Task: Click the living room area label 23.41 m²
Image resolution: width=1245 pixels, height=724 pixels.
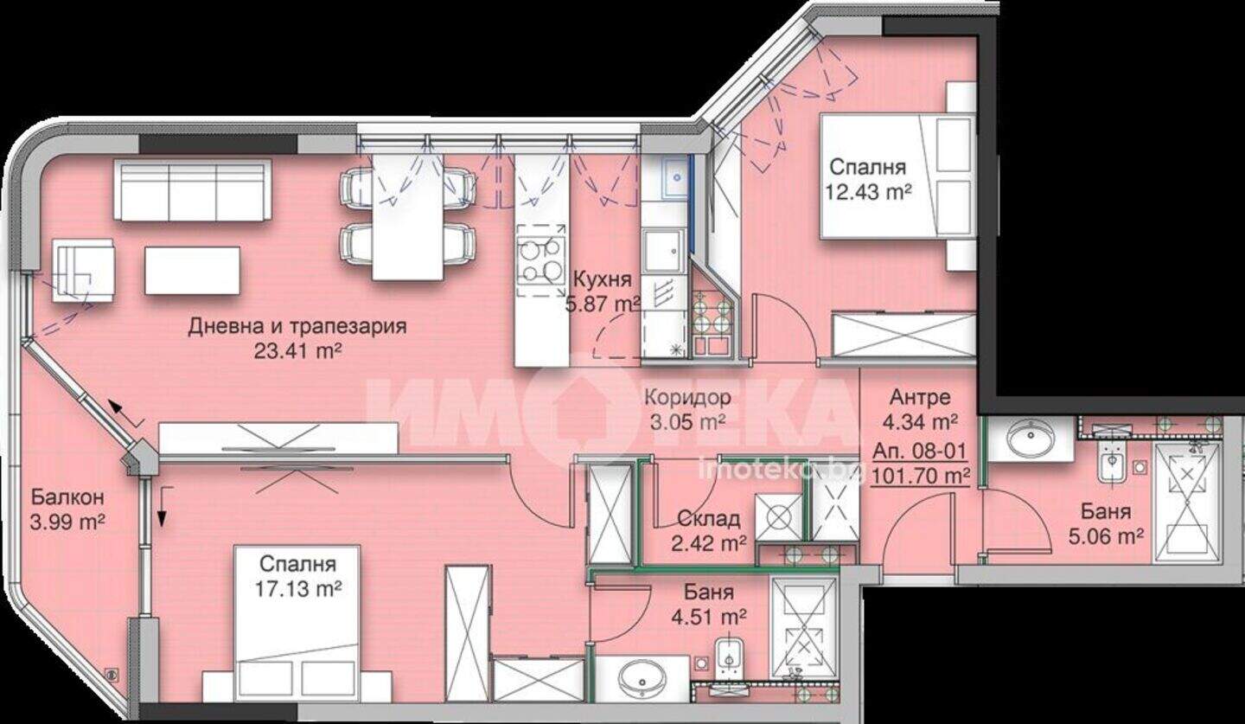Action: click(x=297, y=351)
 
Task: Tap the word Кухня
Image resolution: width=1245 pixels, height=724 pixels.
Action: click(x=602, y=279)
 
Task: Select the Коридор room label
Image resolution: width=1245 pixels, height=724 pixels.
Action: click(x=687, y=398)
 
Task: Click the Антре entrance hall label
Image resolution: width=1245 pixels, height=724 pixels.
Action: click(x=920, y=397)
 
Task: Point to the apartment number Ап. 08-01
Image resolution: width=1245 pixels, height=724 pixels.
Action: click(x=919, y=451)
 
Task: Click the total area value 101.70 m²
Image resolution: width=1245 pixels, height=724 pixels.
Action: click(x=920, y=477)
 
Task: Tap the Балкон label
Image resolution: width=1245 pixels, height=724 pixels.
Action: click(x=67, y=497)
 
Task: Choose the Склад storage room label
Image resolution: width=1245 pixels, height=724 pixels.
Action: click(x=708, y=519)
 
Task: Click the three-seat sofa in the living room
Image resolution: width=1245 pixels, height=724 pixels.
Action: click(x=192, y=189)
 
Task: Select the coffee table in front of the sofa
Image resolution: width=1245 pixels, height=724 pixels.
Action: click(x=192, y=271)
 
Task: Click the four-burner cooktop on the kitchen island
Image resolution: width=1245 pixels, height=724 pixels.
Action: click(x=540, y=259)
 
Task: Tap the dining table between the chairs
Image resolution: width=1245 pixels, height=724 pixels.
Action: click(x=407, y=217)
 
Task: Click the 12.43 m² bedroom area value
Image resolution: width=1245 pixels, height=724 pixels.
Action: click(x=868, y=192)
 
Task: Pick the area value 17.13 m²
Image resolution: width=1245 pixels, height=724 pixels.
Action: click(x=298, y=588)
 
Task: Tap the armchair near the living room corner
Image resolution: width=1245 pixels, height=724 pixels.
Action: click(x=83, y=271)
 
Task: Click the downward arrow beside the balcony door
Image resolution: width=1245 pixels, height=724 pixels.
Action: click(x=162, y=506)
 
